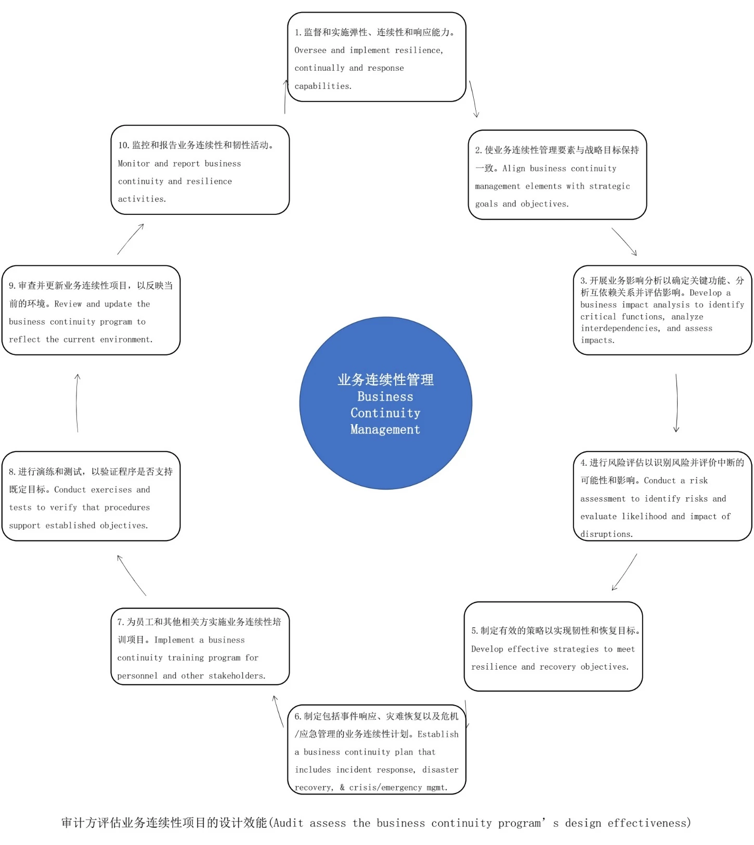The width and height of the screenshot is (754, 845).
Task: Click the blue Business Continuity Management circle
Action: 385,403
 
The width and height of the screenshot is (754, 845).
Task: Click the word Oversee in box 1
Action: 310,50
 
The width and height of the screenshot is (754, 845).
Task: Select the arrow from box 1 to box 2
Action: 474,99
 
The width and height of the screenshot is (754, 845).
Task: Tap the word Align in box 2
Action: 513,169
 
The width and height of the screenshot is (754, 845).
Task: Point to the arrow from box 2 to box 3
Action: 624,241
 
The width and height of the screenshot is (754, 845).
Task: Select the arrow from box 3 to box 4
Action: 677,403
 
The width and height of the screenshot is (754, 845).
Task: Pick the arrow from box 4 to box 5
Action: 625,572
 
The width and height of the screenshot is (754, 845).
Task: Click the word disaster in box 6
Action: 440,770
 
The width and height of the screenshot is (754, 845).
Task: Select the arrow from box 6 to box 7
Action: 278,711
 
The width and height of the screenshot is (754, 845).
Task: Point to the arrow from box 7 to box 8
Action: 132,575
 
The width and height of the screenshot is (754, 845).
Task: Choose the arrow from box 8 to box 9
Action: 77,403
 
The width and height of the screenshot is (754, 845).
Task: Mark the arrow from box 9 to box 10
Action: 131,239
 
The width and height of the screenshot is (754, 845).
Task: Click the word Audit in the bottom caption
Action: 288,823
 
